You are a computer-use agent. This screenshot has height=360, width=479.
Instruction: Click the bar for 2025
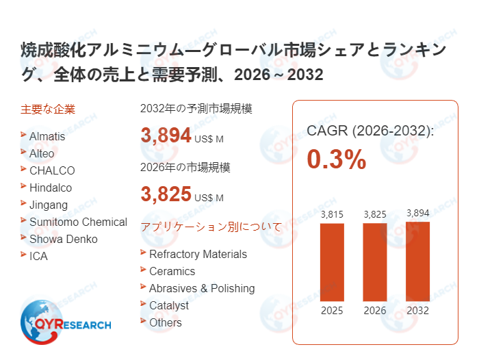(333, 262)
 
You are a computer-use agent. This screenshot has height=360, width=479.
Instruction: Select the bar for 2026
(375, 262)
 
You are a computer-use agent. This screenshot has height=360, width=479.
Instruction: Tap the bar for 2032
(417, 261)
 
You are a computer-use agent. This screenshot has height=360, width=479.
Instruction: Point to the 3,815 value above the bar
(333, 214)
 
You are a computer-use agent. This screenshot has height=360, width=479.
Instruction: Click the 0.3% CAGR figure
(336, 159)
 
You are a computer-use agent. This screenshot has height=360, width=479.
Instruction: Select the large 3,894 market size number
(166, 135)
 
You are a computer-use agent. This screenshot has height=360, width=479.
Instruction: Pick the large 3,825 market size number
(166, 194)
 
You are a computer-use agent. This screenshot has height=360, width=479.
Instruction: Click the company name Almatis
(47, 136)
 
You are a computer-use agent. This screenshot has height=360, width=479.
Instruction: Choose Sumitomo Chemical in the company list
(78, 222)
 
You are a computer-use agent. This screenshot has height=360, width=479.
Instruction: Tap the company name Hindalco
(51, 188)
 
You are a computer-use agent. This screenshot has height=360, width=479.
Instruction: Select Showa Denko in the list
(64, 239)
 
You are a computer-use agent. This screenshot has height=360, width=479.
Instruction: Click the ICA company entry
(38, 256)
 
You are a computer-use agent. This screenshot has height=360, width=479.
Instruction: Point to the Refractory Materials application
(198, 254)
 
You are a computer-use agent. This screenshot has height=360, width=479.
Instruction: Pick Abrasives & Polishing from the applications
(202, 288)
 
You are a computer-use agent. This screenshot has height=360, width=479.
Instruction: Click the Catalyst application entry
(169, 305)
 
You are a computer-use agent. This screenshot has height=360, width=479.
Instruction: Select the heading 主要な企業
(48, 109)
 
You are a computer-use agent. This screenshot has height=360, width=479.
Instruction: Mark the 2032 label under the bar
(417, 310)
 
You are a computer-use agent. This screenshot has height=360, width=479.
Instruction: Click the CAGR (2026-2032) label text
(370, 131)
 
